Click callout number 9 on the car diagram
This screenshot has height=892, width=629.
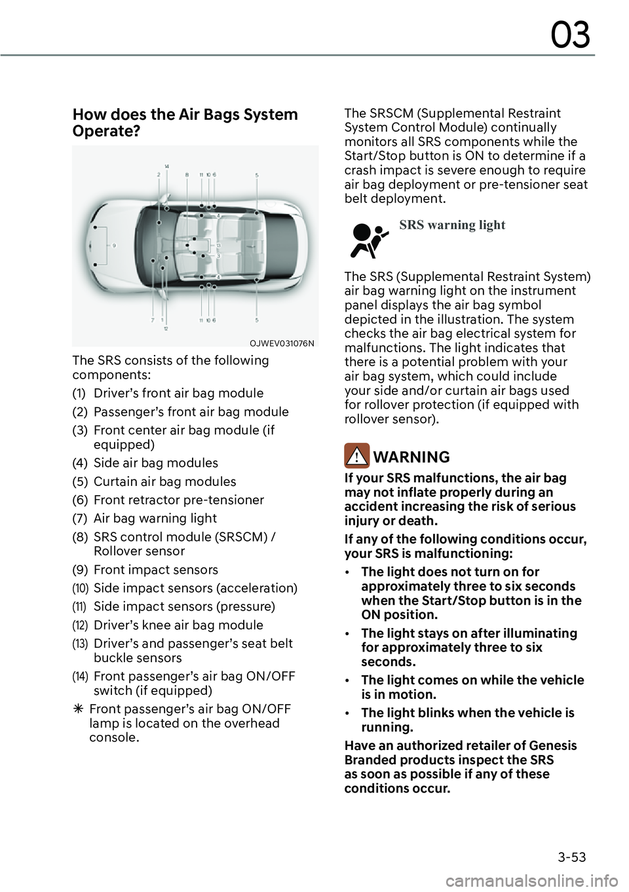pyautogui.click(x=114, y=246)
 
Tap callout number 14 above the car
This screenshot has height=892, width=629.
pyautogui.click(x=167, y=166)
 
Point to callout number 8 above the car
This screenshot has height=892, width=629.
pyautogui.click(x=187, y=175)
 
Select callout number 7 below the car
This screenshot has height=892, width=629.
pyautogui.click(x=153, y=320)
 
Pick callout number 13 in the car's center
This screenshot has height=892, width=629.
pyautogui.click(x=218, y=245)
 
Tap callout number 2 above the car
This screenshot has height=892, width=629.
pyautogui.click(x=159, y=175)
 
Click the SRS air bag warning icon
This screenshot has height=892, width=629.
pyautogui.click(x=370, y=240)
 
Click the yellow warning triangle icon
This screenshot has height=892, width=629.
pyautogui.click(x=356, y=456)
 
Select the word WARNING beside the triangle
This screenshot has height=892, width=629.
pyautogui.click(x=412, y=457)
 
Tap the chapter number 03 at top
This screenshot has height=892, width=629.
pyautogui.click(x=570, y=35)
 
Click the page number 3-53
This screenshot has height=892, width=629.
pyautogui.click(x=572, y=857)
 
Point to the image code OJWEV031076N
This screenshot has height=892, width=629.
pyautogui.click(x=282, y=343)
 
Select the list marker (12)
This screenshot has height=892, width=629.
pyautogui.click(x=80, y=625)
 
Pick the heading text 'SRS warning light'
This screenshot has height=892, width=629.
pyautogui.click(x=452, y=225)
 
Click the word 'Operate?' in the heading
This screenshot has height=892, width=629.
pyautogui.click(x=106, y=131)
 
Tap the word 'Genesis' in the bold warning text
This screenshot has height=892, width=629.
pyautogui.click(x=554, y=745)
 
